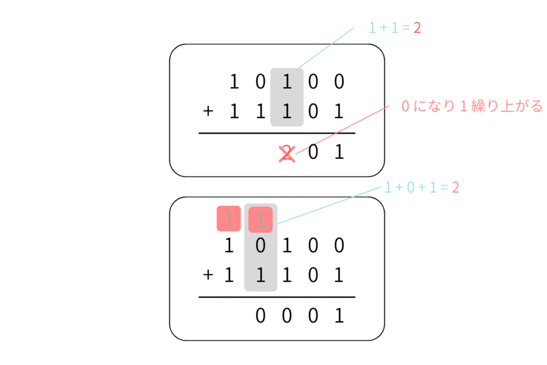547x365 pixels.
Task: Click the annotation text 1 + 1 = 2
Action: [x=395, y=28]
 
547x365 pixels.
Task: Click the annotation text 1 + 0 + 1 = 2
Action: [x=422, y=188]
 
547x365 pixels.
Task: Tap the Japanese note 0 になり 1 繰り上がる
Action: [x=471, y=107]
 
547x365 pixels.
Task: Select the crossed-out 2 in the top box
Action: [x=287, y=153]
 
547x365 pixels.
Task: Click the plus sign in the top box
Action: [x=208, y=112]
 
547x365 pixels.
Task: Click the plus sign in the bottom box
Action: [x=208, y=276]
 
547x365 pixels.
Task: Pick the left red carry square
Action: [x=229, y=219]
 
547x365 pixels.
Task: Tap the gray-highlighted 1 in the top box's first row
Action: [x=287, y=82]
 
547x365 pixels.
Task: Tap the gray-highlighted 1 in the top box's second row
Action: [x=287, y=112]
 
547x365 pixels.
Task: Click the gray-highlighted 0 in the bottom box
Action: [x=261, y=246]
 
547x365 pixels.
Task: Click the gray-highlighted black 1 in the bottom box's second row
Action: [x=261, y=276]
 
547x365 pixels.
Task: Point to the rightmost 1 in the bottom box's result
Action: [x=339, y=317]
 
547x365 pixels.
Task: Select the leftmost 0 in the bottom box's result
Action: [x=261, y=317]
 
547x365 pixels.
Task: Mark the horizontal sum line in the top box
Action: [x=277, y=133]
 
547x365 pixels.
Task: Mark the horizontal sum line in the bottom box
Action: [x=277, y=297]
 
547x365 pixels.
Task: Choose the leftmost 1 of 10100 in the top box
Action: [x=233, y=82]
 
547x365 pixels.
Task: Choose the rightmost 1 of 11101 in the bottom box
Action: [x=339, y=276]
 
